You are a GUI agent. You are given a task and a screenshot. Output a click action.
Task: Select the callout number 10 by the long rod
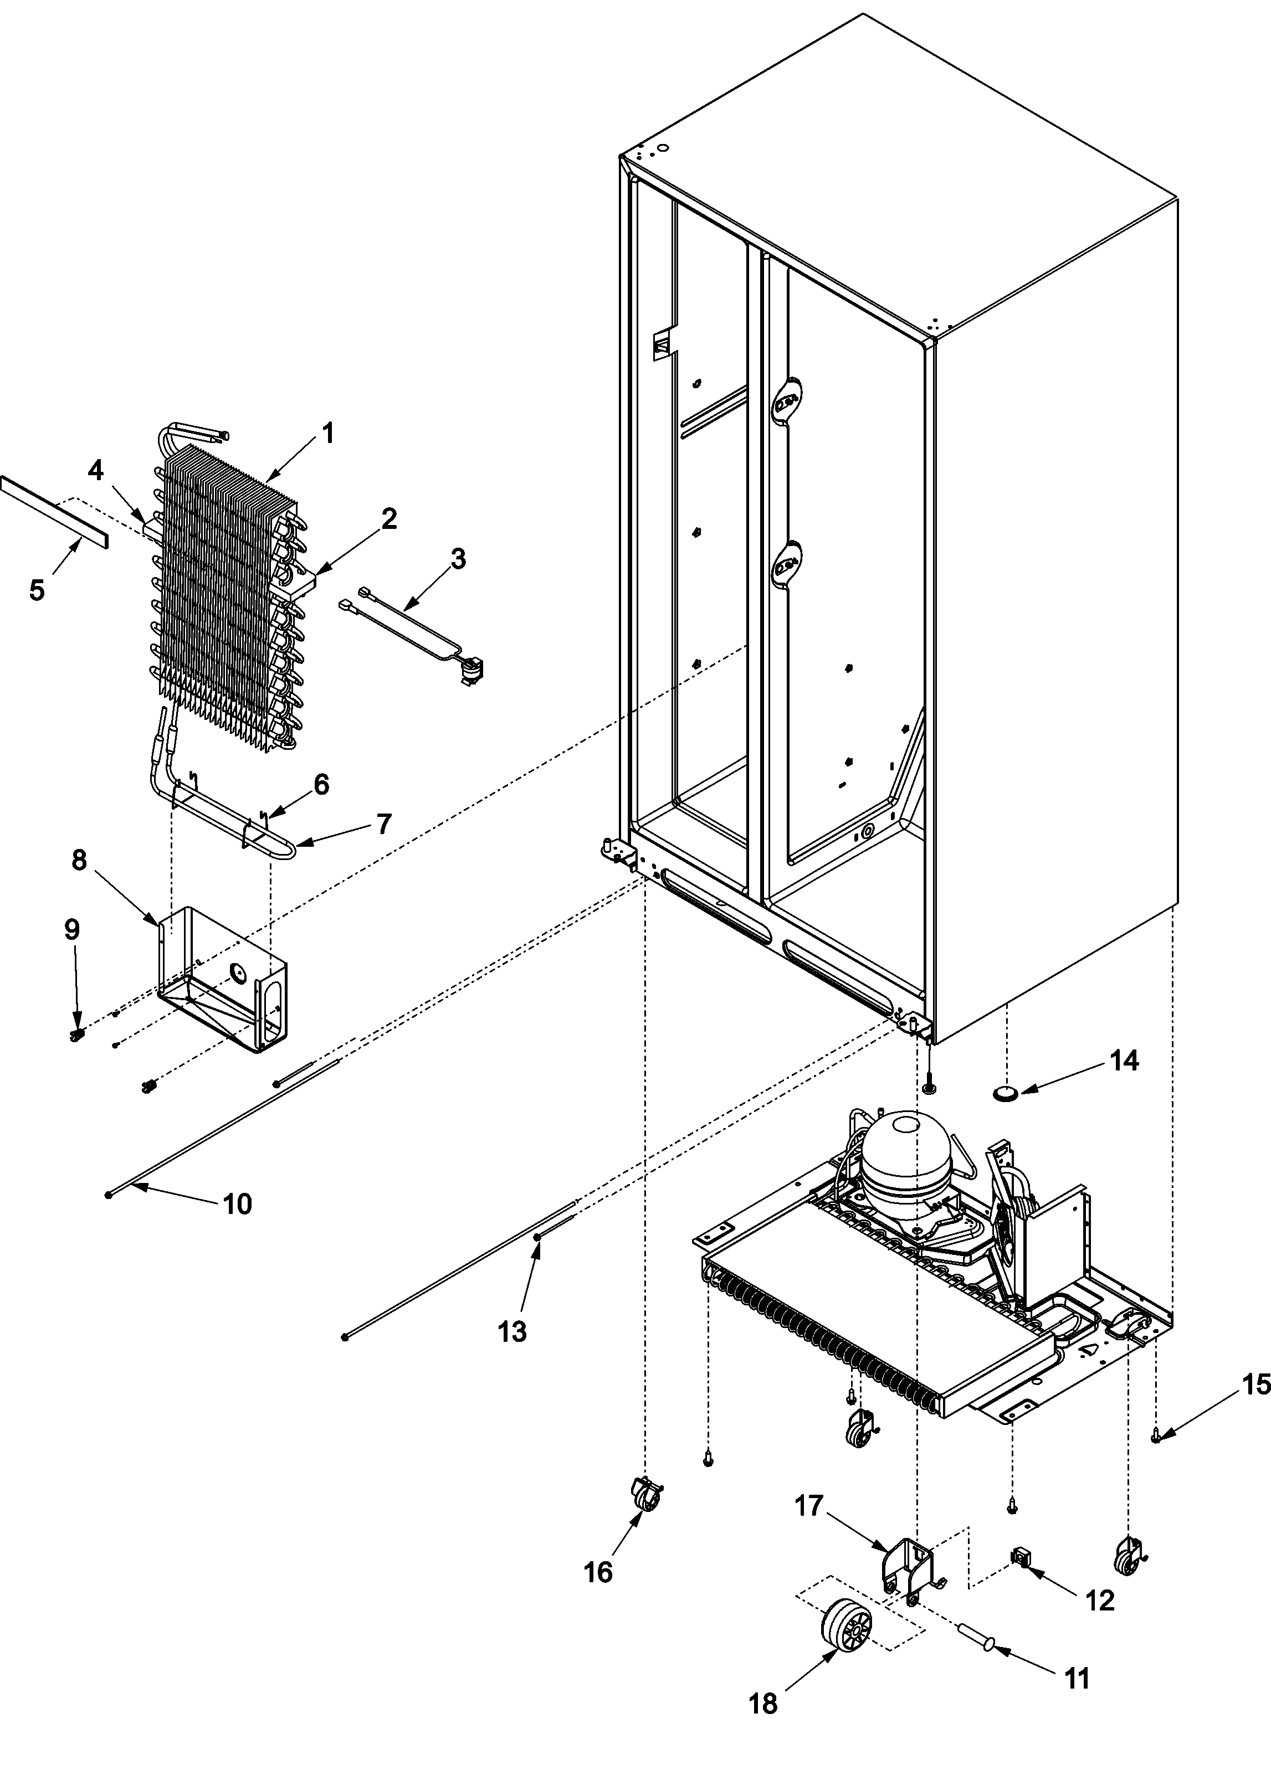(x=237, y=1204)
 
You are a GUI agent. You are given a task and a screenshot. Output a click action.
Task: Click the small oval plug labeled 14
(x=1006, y=1093)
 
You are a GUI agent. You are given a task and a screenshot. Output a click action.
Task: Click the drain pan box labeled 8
(x=222, y=981)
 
